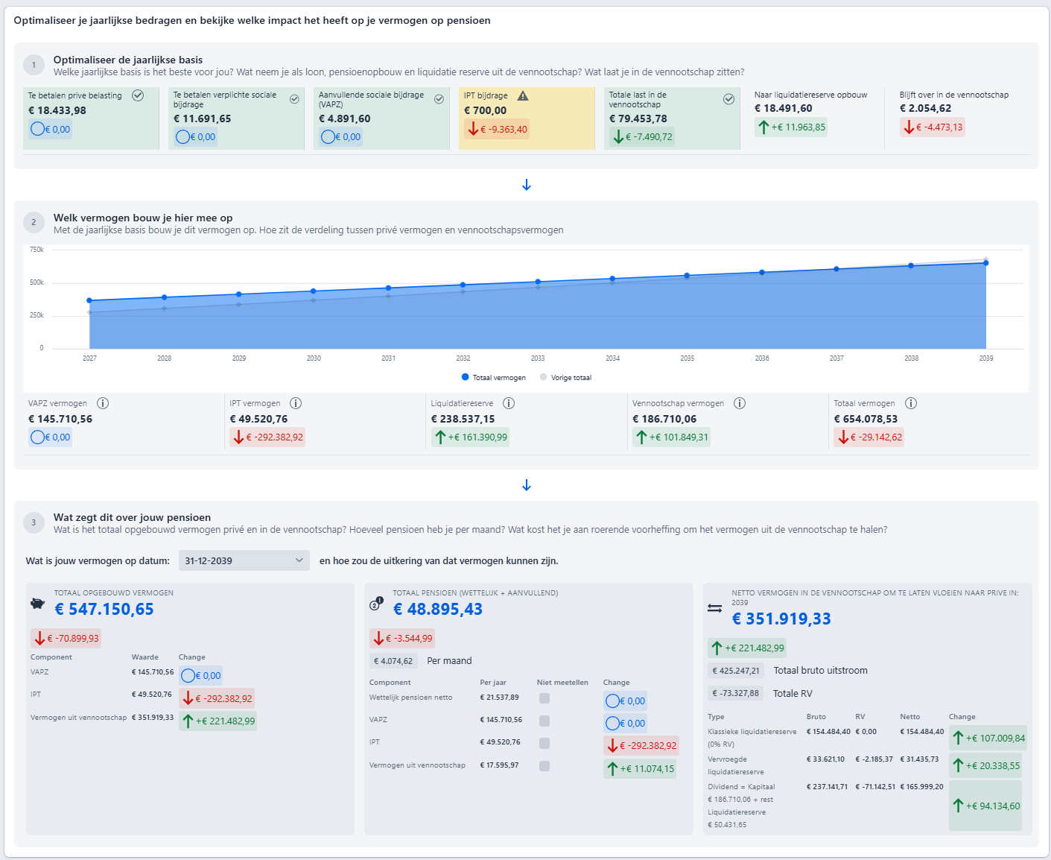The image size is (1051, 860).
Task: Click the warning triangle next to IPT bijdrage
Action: point(522,95)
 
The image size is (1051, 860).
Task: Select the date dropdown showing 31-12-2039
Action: point(244,560)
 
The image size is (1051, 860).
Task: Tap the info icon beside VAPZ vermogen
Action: point(103,403)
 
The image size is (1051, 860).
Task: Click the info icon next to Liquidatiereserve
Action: point(508,403)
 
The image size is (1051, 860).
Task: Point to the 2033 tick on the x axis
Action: point(538,358)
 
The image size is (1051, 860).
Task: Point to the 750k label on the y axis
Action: point(36,249)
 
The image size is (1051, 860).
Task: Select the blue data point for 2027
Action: point(89,300)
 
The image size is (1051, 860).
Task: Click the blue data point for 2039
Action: point(985,263)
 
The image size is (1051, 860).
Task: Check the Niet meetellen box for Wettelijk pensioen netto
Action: point(544,698)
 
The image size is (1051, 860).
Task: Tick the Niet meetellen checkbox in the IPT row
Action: point(544,743)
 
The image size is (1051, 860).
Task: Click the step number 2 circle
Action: point(34,222)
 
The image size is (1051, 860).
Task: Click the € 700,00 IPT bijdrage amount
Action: point(485,110)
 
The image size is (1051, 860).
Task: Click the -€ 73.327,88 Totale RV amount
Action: point(735,693)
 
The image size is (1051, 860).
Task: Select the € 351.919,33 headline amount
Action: point(781,619)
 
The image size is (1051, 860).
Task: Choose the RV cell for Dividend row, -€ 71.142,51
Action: point(875,787)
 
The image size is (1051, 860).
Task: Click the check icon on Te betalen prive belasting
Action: point(138,95)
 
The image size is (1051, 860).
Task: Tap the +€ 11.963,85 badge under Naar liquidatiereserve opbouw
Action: point(791,127)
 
